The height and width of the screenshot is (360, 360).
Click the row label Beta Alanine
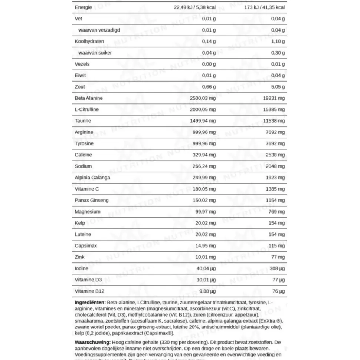pyautogui.click(x=89, y=98)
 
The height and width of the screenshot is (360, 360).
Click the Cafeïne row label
pyautogui.click(x=83, y=155)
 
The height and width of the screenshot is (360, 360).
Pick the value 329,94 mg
pyautogui.click(x=204, y=155)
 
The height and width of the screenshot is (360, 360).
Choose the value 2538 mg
pyautogui.click(x=275, y=155)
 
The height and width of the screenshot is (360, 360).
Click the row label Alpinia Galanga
pyautogui.click(x=92, y=178)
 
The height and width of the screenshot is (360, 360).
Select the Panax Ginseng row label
pyautogui.click(x=92, y=201)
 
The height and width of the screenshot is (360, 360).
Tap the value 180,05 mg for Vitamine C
pyautogui.click(x=204, y=189)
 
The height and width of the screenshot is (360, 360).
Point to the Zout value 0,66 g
pyautogui.click(x=209, y=87)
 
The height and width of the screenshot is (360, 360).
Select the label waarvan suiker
pyautogui.click(x=95, y=53)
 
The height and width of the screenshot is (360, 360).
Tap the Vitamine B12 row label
pyautogui.click(x=89, y=291)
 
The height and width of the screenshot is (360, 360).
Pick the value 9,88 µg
pyautogui.click(x=206, y=291)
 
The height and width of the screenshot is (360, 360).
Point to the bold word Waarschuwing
pyautogui.click(x=92, y=343)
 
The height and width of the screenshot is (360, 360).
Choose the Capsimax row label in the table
pyautogui.click(x=86, y=246)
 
